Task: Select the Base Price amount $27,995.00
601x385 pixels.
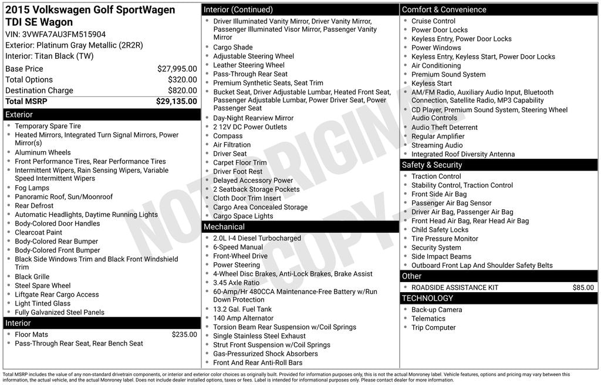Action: tap(177, 69)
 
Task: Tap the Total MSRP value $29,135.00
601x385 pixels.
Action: tap(176, 101)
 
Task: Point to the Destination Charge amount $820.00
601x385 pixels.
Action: tap(182, 91)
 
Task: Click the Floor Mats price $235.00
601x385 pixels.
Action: tap(184, 334)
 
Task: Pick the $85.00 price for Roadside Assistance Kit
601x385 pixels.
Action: tap(583, 287)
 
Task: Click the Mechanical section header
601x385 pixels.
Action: tap(224, 227)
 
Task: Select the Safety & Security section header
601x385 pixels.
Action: tap(432, 165)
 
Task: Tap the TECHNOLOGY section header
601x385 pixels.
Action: tap(427, 298)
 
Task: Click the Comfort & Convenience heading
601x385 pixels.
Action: tap(444, 9)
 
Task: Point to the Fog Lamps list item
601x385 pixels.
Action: tap(32, 188)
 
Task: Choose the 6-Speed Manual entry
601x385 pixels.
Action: tap(238, 247)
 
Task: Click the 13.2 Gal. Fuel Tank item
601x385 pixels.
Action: tap(242, 309)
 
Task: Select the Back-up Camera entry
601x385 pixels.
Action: tap(436, 310)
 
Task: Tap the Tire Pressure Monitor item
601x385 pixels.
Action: tap(444, 239)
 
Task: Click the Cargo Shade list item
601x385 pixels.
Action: tap(232, 47)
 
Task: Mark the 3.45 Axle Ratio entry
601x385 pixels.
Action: tap(236, 283)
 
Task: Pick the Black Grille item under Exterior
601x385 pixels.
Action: tap(32, 277)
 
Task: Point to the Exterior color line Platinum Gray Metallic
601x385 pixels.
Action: tap(74, 45)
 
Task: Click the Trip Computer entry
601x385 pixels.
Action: tap(433, 327)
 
